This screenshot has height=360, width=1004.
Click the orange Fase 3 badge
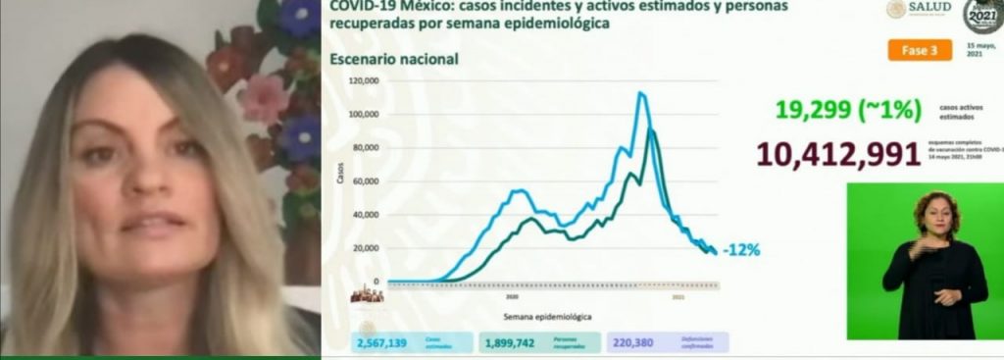coord(920,49)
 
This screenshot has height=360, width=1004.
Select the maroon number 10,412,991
coord(837,155)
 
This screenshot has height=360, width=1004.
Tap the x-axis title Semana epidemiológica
coord(548,317)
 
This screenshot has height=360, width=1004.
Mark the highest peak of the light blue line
coord(640,93)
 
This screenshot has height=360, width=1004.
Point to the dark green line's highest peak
coord(651,129)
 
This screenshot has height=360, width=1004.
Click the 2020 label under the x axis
coord(512,294)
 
